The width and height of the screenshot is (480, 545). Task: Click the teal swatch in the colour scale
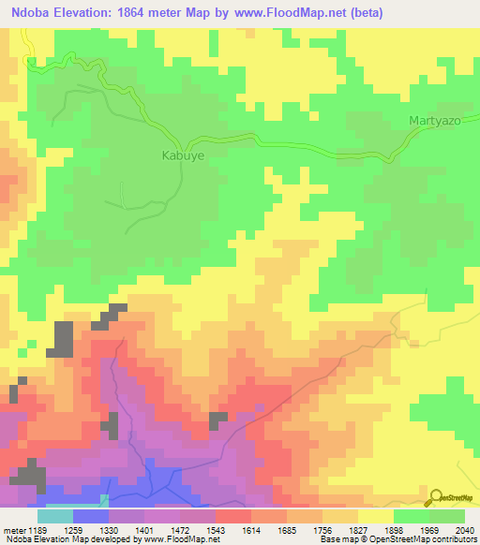(55, 516)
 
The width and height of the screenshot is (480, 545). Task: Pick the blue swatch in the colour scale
(91, 516)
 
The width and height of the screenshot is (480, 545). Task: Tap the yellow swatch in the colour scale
(376, 516)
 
